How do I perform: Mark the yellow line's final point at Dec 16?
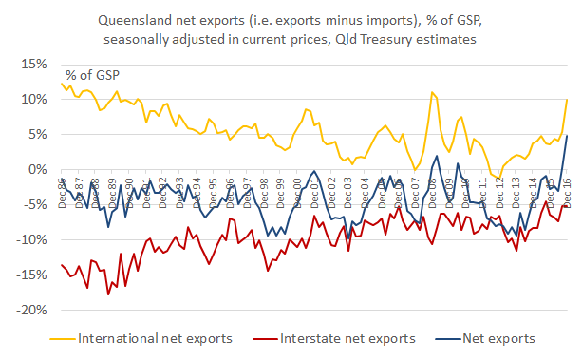pyautogui.click(x=568, y=100)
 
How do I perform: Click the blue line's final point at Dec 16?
pyautogui.click(x=568, y=135)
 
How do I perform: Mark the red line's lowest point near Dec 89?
pyautogui.click(x=108, y=294)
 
